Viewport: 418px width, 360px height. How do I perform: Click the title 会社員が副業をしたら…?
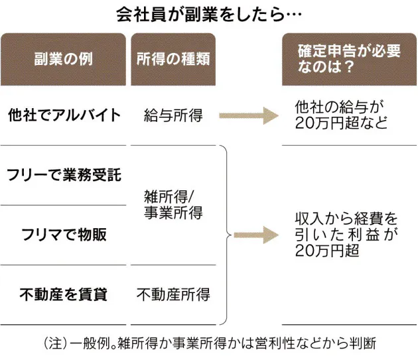pyautogui.click(x=209, y=14)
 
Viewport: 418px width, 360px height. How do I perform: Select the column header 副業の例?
pyautogui.click(x=64, y=59)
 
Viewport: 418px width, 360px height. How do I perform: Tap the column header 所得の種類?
pyautogui.click(x=173, y=59)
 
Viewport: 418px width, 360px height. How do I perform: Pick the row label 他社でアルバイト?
pyautogui.click(x=64, y=115)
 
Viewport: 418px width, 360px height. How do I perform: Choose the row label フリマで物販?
pyautogui.click(x=64, y=235)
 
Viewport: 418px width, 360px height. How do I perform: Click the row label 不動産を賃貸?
pyautogui.click(x=64, y=294)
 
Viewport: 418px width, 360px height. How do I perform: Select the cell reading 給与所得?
pyautogui.click(x=173, y=116)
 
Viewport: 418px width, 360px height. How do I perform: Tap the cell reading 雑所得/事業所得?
pyautogui.click(x=173, y=205)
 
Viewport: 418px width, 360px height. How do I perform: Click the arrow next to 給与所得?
pyautogui.click(x=247, y=116)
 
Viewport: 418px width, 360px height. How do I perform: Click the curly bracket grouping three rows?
pyautogui.click(x=228, y=234)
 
